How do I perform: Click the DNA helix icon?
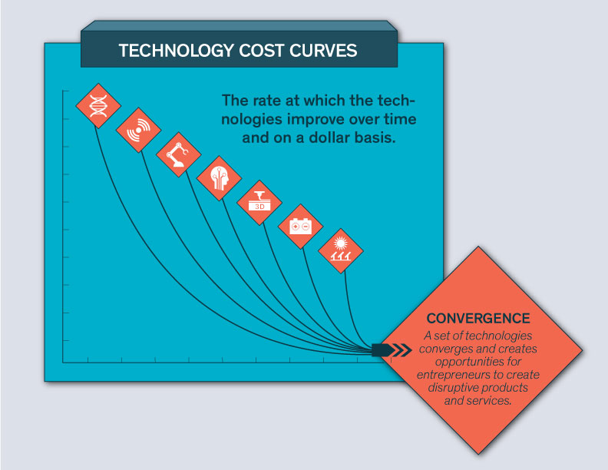[98, 105]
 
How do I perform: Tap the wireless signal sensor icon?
[138, 130]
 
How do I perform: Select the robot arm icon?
[178, 154]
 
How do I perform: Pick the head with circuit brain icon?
[219, 178]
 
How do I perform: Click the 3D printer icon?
[259, 201]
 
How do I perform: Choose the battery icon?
[300, 226]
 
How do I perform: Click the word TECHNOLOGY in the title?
[176, 51]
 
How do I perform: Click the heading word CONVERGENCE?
[478, 319]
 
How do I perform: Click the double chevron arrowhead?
[403, 349]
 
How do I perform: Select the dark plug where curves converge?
[383, 349]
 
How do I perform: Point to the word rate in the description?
[268, 101]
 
